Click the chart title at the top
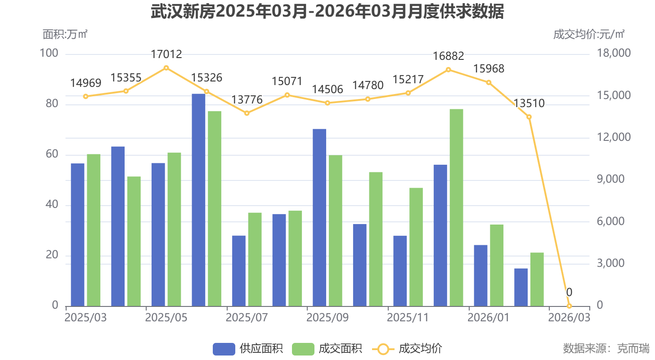[x=327, y=12]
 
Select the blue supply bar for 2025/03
[x=78, y=234]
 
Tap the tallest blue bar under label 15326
[x=198, y=200]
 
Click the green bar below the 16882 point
[x=456, y=207]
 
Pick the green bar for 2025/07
[x=255, y=259]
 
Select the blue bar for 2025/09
[x=319, y=217]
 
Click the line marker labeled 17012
[x=166, y=68]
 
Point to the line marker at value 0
[x=569, y=306]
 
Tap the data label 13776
[x=247, y=100]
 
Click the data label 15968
[x=489, y=69]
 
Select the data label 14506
[x=327, y=89]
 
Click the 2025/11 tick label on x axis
[x=408, y=317]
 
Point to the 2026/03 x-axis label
[x=569, y=317]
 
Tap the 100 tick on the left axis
[x=49, y=54]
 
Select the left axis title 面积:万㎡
[x=65, y=34]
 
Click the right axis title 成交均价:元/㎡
[x=588, y=34]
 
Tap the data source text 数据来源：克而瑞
[x=606, y=348]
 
